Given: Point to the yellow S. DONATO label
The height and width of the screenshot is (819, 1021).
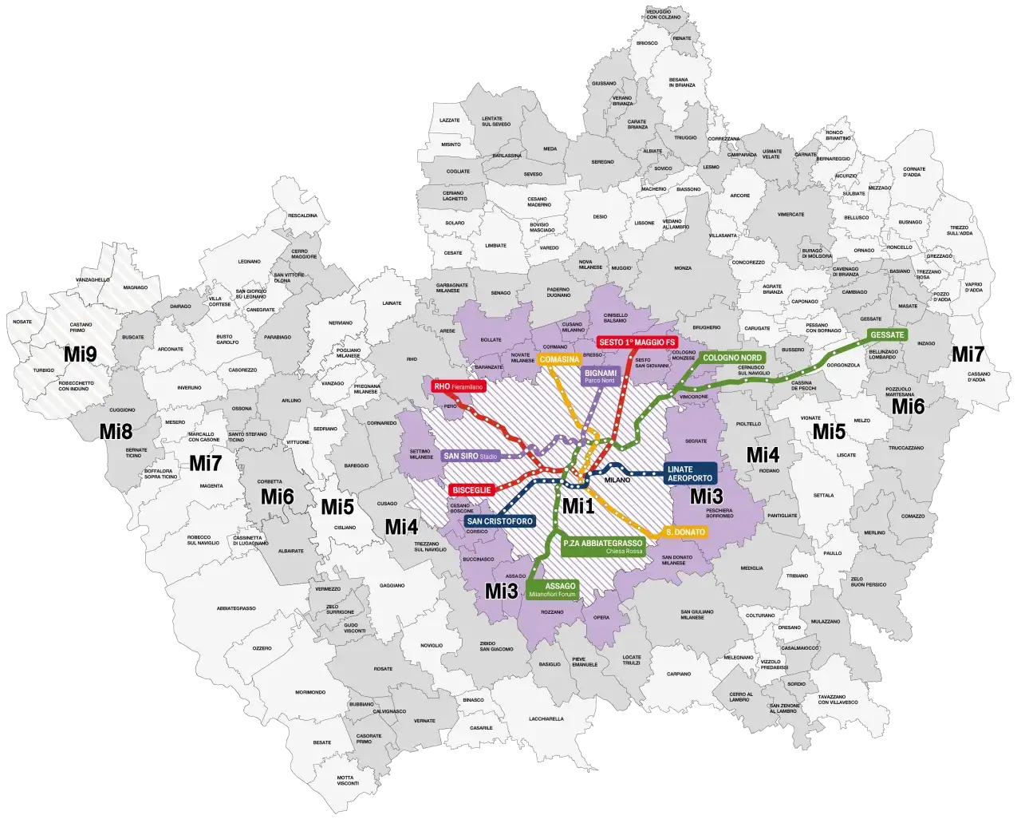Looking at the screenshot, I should pos(684,532).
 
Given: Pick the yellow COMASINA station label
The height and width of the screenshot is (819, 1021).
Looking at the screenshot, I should pos(558,361).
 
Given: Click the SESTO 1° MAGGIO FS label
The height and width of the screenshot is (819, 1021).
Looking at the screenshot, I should pos(637,342).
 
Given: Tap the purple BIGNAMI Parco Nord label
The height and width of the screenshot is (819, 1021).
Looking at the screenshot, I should pos(601,376).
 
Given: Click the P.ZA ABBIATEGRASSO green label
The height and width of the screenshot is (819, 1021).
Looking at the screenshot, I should pos(602,546).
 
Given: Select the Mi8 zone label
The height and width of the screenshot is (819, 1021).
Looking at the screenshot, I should pos(116,431).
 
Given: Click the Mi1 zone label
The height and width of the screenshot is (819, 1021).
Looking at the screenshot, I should pos(578,505).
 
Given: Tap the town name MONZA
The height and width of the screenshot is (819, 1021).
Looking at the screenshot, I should pos(683,268).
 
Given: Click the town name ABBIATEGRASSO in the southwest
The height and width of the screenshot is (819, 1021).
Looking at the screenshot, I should pos(235,608).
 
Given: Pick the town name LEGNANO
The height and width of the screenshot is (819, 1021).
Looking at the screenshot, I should pos(250,261).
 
